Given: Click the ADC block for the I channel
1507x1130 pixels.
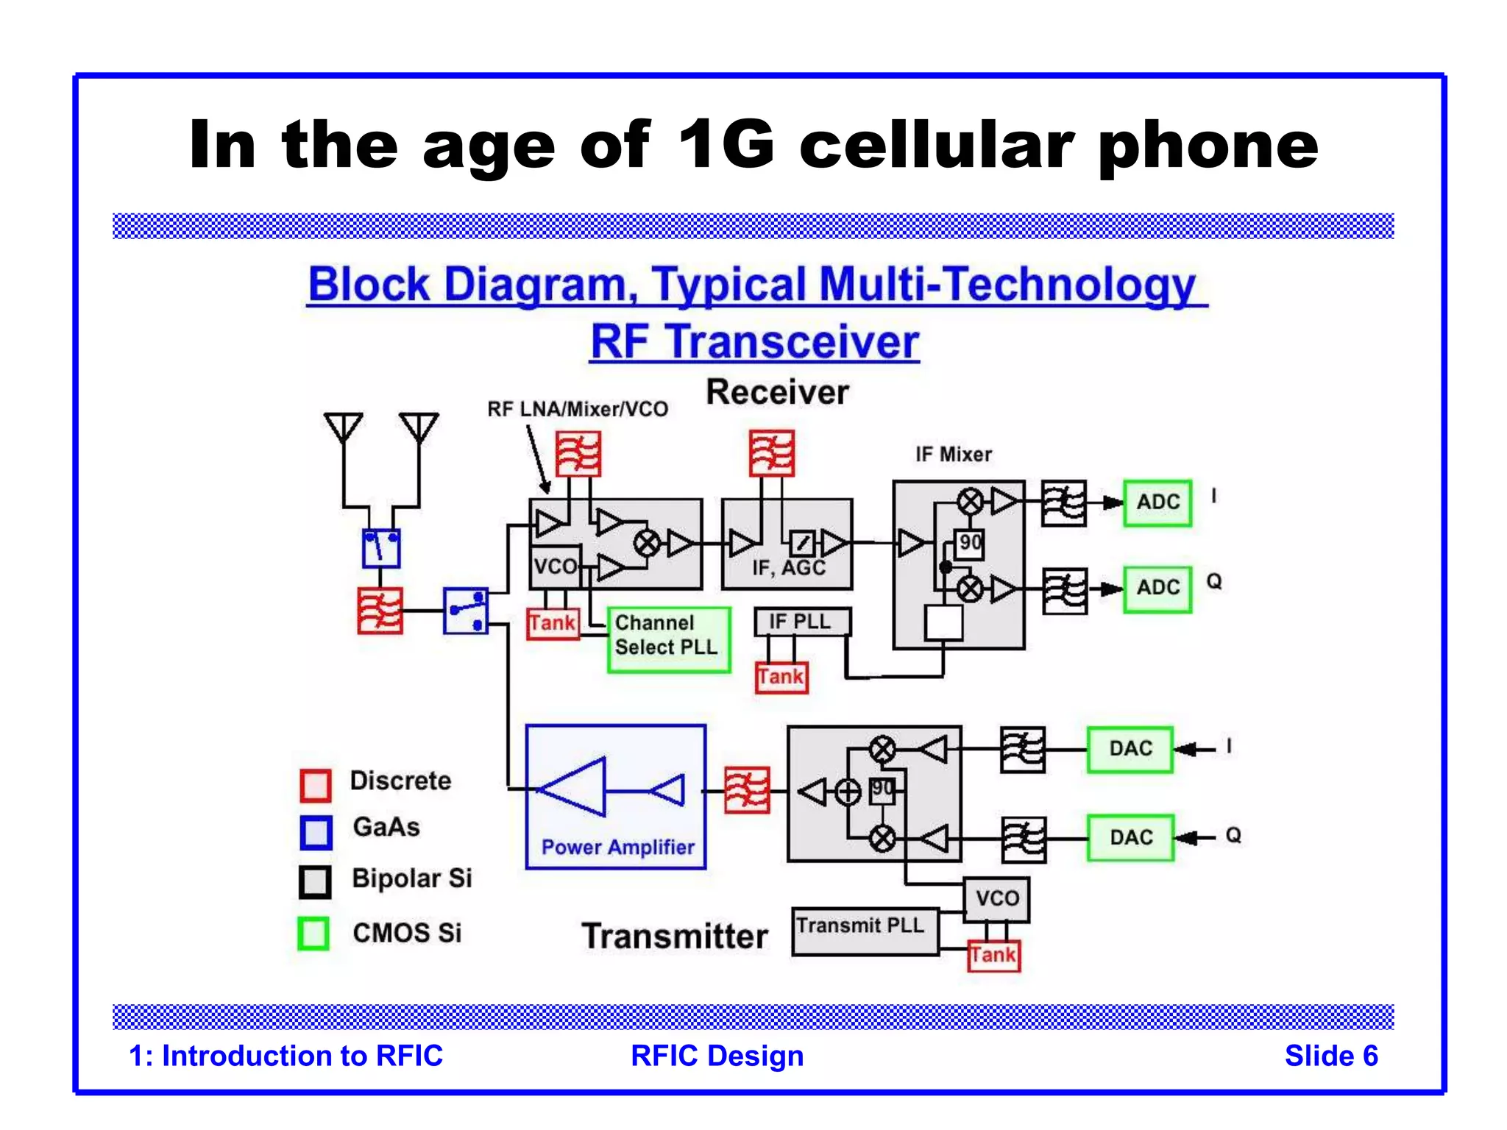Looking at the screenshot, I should click(x=1157, y=502).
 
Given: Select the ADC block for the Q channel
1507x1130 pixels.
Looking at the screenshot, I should click(x=1157, y=588).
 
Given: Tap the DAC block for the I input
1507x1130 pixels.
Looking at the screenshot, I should click(x=1130, y=749).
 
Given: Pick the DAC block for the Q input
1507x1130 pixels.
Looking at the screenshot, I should click(x=1130, y=837).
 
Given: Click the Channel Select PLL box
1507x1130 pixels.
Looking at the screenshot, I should click(x=668, y=639).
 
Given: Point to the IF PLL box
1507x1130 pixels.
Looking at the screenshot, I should click(x=801, y=622).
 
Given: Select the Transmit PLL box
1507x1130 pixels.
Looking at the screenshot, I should click(x=865, y=931).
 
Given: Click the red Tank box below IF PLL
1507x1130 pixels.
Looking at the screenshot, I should click(x=781, y=677).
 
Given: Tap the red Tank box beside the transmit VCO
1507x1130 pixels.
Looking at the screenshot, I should click(x=993, y=956).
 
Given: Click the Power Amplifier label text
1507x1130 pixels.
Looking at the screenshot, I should click(x=617, y=847).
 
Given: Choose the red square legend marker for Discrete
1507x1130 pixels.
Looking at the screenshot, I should click(x=316, y=785).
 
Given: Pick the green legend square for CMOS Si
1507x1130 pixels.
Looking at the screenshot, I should click(x=313, y=934).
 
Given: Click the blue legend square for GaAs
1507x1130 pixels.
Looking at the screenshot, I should click(x=316, y=832).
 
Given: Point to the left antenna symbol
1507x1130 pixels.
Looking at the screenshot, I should click(x=343, y=427).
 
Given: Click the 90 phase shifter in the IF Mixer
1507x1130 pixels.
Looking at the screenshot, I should click(x=969, y=544).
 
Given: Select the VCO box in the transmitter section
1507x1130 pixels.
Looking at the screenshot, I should click(x=996, y=898).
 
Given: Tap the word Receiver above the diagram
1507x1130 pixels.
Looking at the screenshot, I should click(x=777, y=392).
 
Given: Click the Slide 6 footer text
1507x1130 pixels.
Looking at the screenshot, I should click(x=1330, y=1056).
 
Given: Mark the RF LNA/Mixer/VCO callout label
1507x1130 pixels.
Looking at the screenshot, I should click(x=577, y=409).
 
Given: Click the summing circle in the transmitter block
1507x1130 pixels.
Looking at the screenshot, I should click(x=848, y=792).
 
